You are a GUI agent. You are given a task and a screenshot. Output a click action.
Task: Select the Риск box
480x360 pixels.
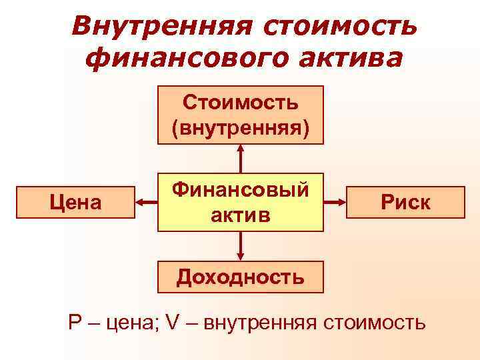click(405, 203)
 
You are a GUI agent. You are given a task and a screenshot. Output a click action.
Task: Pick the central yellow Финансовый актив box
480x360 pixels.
click(241, 203)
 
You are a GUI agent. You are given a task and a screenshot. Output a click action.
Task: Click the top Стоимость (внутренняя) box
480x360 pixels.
click(241, 115)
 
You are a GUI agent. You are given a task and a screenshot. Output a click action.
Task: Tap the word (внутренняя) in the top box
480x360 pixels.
click(241, 127)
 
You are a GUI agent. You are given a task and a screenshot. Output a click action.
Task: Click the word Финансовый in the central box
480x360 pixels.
click(241, 191)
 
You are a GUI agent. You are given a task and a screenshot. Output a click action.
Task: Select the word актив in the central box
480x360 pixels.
click(241, 215)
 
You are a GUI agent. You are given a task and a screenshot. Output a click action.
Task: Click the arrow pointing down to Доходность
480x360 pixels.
click(241, 246)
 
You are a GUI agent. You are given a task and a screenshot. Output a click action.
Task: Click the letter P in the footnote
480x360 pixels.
click(75, 323)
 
